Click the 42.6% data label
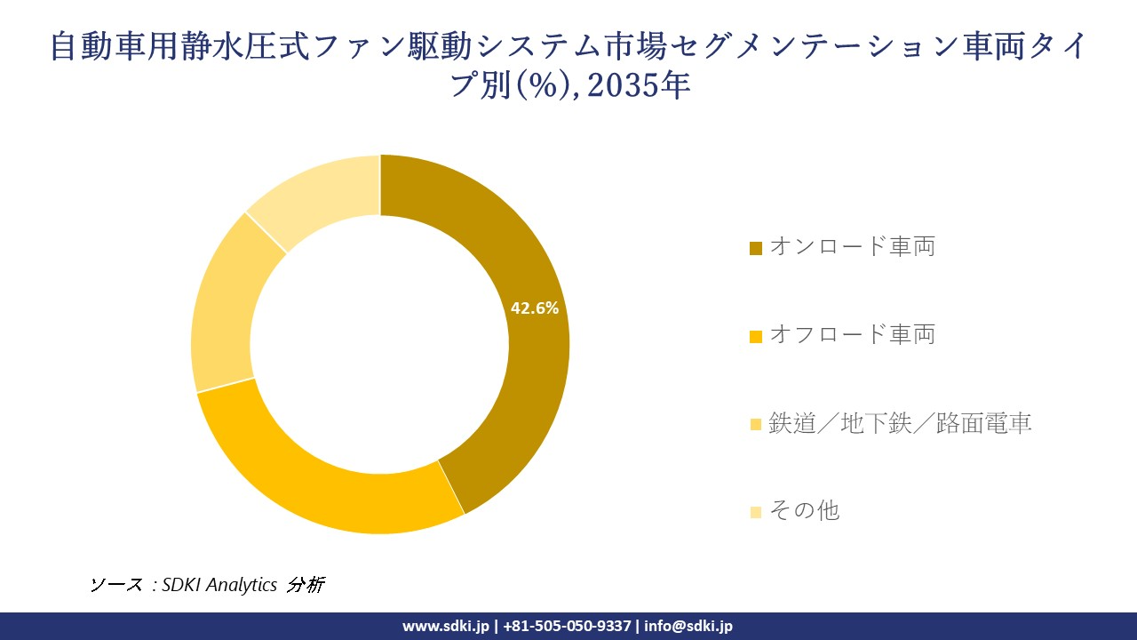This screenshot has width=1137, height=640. pos(534,308)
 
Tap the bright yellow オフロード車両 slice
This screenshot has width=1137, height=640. pos(329,484)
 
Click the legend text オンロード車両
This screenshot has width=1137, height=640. pos(852,246)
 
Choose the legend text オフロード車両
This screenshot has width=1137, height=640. pos(852,334)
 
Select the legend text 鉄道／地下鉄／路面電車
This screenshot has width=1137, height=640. pos(900,423)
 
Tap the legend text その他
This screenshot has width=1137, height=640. pos(804,510)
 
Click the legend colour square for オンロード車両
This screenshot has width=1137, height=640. pos(756,248)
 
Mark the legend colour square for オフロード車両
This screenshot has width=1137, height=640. pos(756,336)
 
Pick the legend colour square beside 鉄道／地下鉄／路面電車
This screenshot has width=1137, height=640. pos(756,425)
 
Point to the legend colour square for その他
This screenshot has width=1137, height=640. pos(756,512)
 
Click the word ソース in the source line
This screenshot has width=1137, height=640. pos(115,585)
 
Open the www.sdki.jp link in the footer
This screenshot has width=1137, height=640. pos(446,626)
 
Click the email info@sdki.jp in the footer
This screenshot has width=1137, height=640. pos(688,626)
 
